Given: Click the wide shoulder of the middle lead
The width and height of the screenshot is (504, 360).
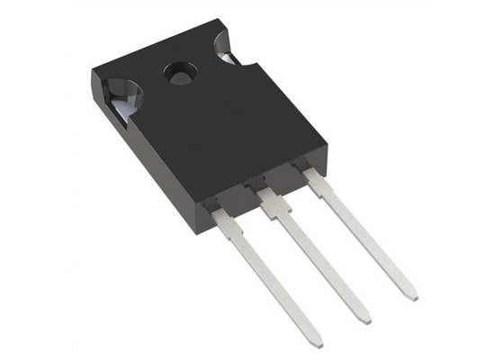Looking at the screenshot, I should tap(275, 200).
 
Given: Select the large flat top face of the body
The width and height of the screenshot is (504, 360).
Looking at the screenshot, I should tap(207, 117).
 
